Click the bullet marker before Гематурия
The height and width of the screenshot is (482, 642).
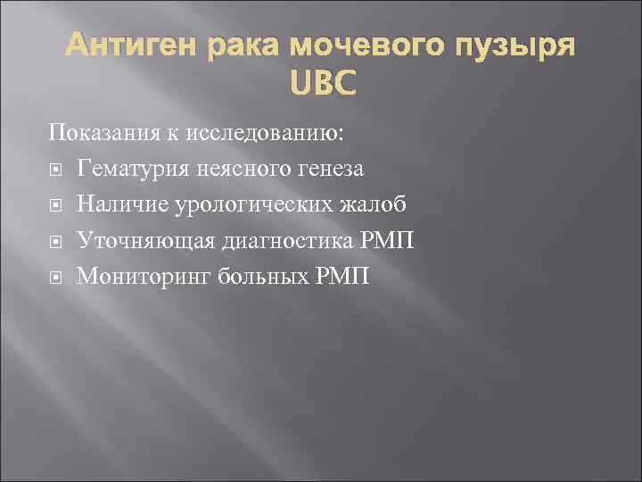[55, 170]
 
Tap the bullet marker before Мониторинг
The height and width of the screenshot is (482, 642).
[55, 277]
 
